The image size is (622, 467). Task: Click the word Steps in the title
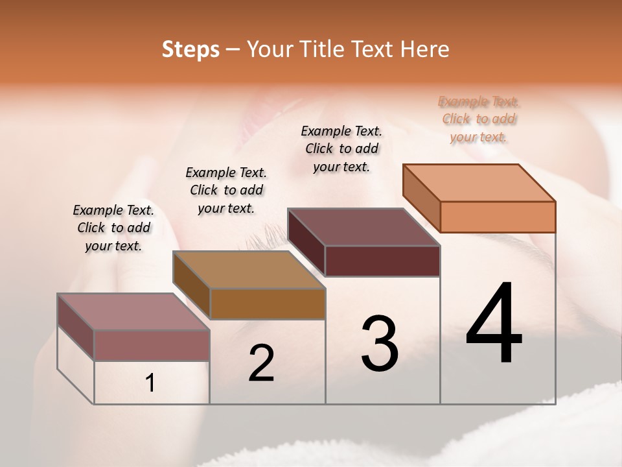click(190, 49)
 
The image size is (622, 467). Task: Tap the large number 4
click(494, 324)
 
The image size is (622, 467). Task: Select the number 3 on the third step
click(380, 344)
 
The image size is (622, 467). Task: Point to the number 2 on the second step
click(262, 363)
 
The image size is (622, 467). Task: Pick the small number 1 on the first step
click(150, 383)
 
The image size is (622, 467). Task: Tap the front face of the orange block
click(498, 217)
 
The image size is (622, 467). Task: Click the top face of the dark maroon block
click(363, 226)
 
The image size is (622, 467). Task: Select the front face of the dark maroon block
click(382, 261)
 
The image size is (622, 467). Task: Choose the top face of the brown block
click(249, 269)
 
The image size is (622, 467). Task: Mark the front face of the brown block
click(268, 304)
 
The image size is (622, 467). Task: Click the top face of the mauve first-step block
click(133, 311)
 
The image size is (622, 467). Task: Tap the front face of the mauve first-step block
click(152, 345)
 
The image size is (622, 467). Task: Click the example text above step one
click(113, 228)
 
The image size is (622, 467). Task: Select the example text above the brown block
click(226, 190)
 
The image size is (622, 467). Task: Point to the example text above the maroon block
click(341, 149)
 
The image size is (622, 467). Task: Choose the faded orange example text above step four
click(479, 119)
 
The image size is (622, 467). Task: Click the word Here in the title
click(426, 49)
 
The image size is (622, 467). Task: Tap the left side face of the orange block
click(422, 198)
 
